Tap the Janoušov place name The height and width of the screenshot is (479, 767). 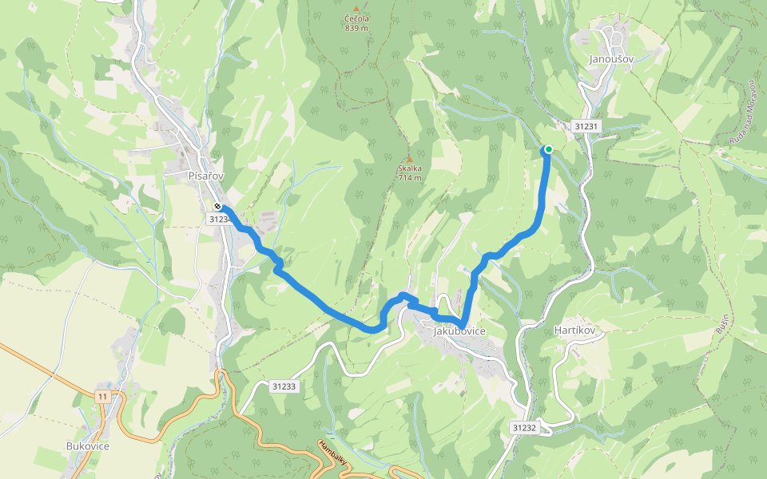tap(610, 59)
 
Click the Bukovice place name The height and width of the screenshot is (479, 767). tap(88, 445)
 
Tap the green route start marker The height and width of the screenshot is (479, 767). tap(548, 149)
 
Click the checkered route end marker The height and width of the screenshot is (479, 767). tap(217, 207)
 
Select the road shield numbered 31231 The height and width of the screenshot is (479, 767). tap(586, 126)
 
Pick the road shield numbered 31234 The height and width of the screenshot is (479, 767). tap(219, 219)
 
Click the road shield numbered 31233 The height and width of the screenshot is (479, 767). tap(284, 386)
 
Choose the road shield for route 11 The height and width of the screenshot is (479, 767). tap(102, 396)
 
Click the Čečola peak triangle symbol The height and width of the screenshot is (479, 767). tap(356, 9)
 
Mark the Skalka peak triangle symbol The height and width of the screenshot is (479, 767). tap(409, 159)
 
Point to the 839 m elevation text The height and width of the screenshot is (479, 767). tap(356, 28)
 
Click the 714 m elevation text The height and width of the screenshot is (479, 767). tap(409, 178)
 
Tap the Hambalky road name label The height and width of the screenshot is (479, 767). tap(332, 453)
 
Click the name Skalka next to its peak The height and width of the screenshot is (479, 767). tap(409, 168)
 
